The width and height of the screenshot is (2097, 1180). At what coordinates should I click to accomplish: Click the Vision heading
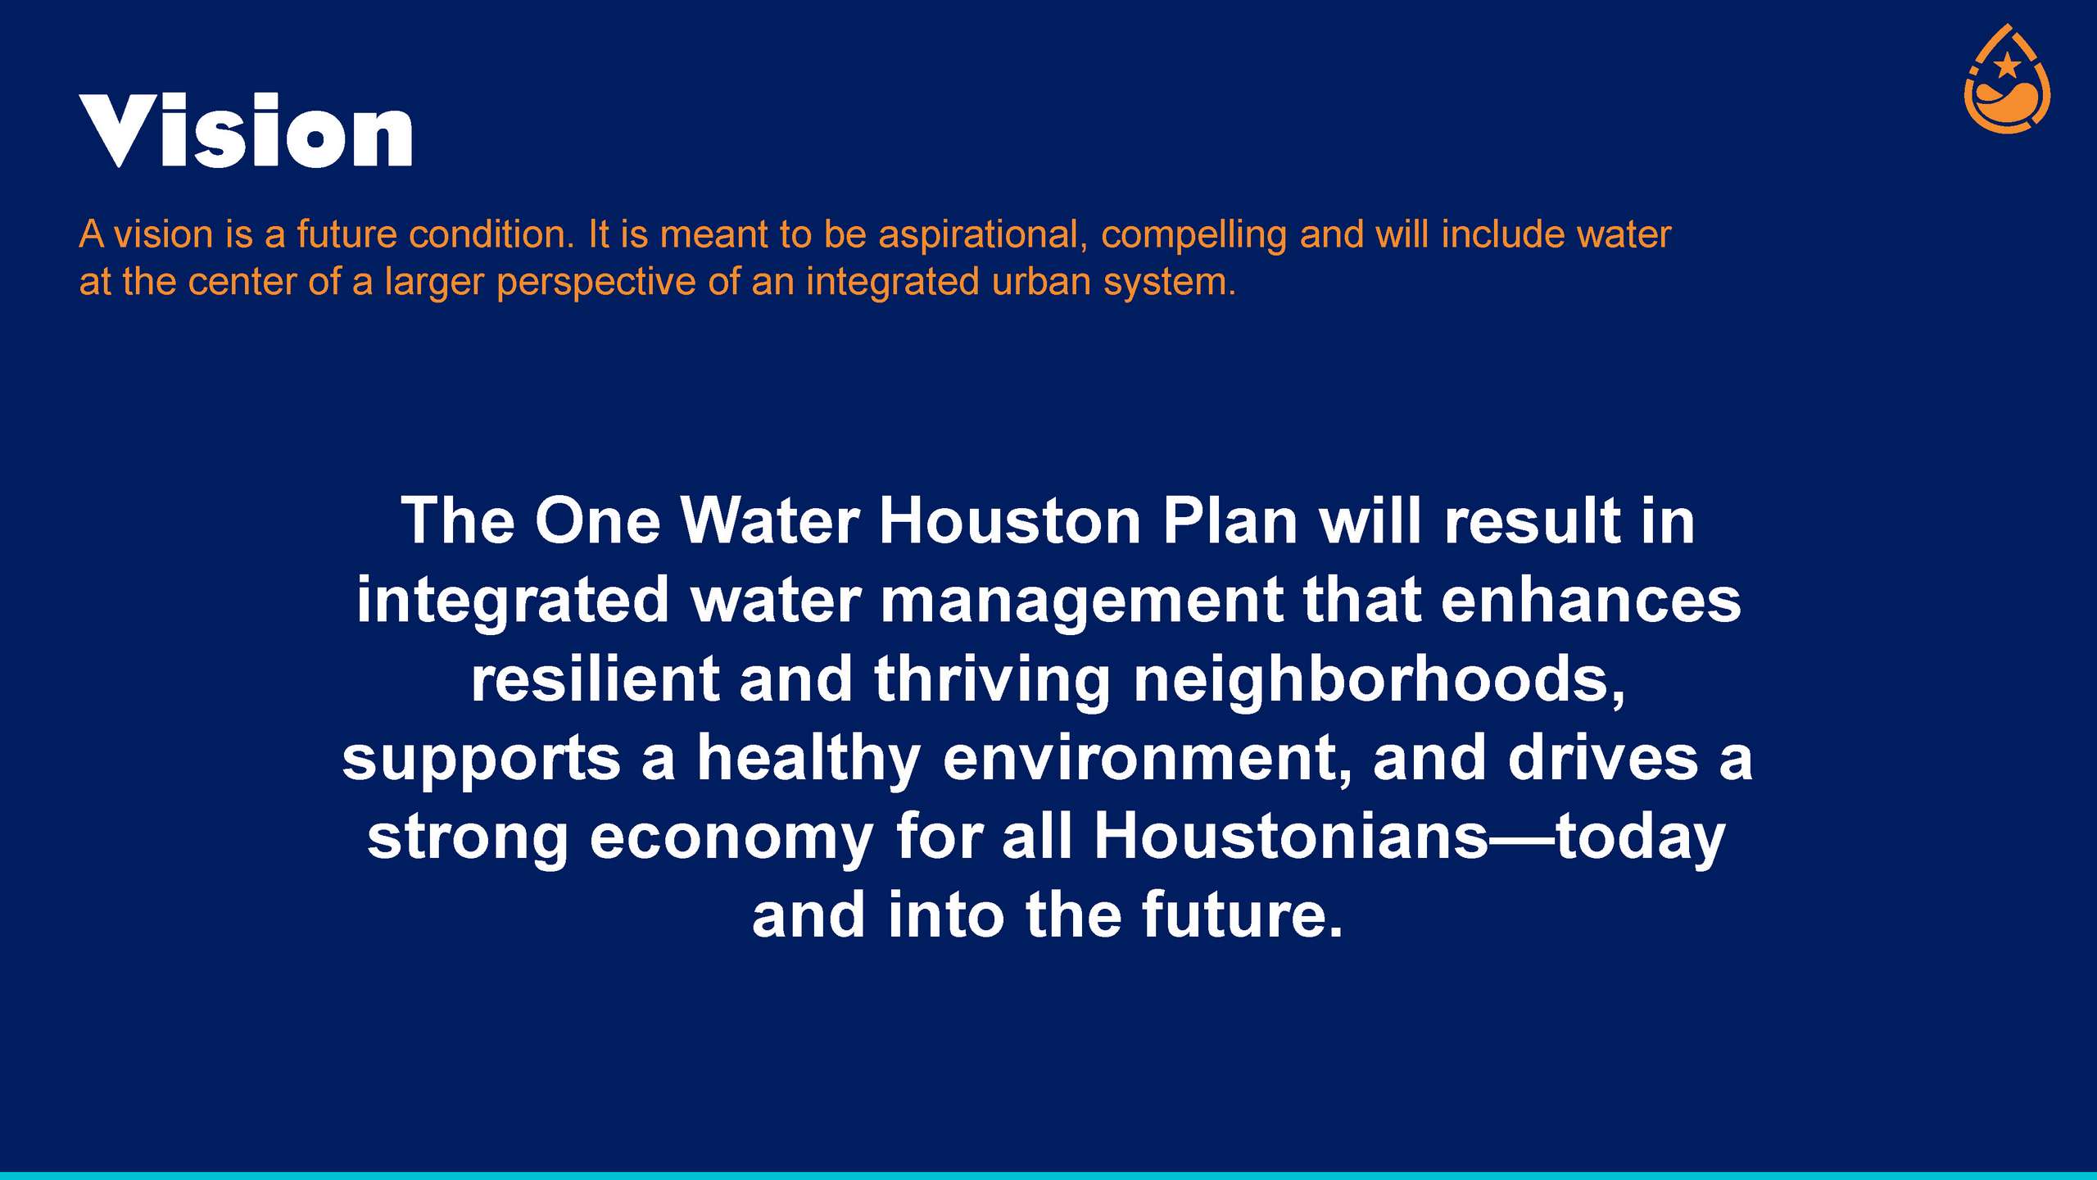[246, 130]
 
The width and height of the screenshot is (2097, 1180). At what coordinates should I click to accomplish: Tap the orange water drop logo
[2007, 79]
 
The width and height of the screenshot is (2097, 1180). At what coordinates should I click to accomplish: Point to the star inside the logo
[2007, 65]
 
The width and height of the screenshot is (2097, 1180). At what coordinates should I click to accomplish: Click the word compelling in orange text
[1194, 236]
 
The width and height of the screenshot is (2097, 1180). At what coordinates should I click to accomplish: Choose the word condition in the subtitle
[491, 234]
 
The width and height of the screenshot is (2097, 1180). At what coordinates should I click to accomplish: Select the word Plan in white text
[1230, 521]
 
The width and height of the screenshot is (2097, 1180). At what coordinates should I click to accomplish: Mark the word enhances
[1591, 600]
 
